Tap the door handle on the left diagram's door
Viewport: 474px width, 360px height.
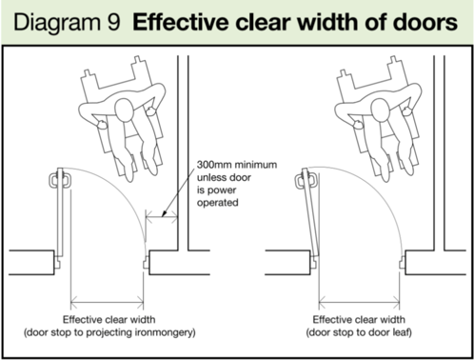[x=58, y=177]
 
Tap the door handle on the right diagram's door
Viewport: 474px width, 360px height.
[x=306, y=178]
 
